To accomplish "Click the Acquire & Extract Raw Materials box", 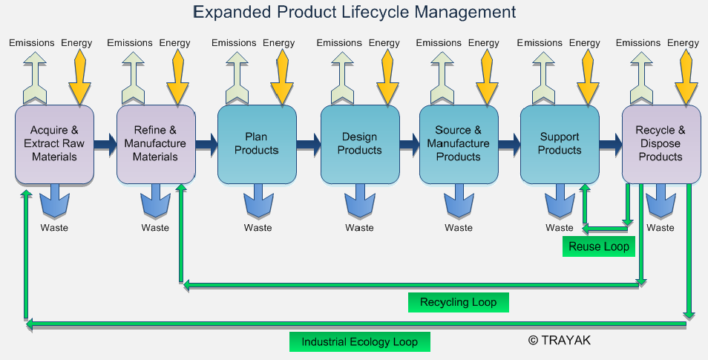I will coord(54,144).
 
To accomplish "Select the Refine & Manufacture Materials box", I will coord(155,144).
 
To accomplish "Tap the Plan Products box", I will coord(256,144).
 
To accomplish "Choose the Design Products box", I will coord(359,144).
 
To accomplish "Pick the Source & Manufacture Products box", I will coord(458,144).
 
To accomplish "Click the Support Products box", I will coord(559,144).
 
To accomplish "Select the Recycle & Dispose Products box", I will coord(660,144).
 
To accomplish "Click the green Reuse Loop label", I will coord(598,246).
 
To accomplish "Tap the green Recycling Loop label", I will coord(458,302).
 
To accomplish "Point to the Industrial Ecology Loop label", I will coord(359,342).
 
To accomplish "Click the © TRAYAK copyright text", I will coord(560,340).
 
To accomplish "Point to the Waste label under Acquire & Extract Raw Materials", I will coord(54,228).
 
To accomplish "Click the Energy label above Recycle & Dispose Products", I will coord(683,43).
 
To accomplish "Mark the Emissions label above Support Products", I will coord(539,43).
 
